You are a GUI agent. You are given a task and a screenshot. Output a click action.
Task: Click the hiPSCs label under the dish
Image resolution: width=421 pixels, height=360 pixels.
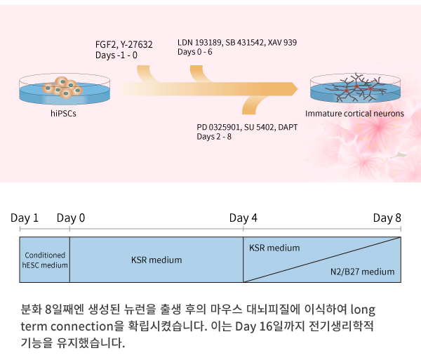tap(63, 114)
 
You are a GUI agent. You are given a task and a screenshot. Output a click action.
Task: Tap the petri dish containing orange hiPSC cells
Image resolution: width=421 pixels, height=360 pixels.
tap(65, 89)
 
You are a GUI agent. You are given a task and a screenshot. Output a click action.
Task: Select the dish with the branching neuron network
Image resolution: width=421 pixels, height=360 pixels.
tap(355, 88)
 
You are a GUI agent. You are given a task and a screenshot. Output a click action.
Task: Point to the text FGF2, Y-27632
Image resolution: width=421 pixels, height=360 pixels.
tap(123, 45)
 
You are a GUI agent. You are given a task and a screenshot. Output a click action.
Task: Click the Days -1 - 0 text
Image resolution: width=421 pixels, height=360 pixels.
tap(116, 55)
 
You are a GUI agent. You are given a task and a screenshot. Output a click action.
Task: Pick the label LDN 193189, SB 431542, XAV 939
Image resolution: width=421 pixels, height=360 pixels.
tap(237, 42)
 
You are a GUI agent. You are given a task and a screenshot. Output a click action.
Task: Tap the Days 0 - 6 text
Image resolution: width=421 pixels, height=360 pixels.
tap(194, 52)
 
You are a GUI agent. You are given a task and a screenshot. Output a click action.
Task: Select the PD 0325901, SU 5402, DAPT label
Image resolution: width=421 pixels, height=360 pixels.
tap(247, 127)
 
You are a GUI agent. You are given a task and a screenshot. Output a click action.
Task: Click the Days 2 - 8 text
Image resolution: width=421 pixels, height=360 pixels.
tap(214, 137)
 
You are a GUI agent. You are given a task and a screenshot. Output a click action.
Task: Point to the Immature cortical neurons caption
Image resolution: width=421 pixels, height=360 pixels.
tap(354, 114)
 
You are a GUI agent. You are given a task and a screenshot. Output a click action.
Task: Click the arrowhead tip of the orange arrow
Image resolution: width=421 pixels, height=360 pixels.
tap(298, 89)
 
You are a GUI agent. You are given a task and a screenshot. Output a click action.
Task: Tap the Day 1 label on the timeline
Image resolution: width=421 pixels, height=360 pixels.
tap(25, 218)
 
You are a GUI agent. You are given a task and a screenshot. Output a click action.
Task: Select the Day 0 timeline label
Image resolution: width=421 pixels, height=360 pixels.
tap(71, 218)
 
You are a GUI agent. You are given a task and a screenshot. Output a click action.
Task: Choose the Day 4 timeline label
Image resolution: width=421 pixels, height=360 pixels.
tap(243, 218)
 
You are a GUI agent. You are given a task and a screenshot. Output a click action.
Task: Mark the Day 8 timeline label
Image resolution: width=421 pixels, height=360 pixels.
tap(387, 218)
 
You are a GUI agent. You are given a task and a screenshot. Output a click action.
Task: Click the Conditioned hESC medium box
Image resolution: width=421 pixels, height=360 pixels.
tap(45, 260)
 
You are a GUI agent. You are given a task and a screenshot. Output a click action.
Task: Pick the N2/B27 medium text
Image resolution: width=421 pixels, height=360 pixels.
tap(362, 272)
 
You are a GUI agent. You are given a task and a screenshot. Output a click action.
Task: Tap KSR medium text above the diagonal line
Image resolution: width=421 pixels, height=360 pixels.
tap(274, 248)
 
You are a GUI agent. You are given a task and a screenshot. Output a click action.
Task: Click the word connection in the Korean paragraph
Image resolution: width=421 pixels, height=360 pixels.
tap(82, 326)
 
